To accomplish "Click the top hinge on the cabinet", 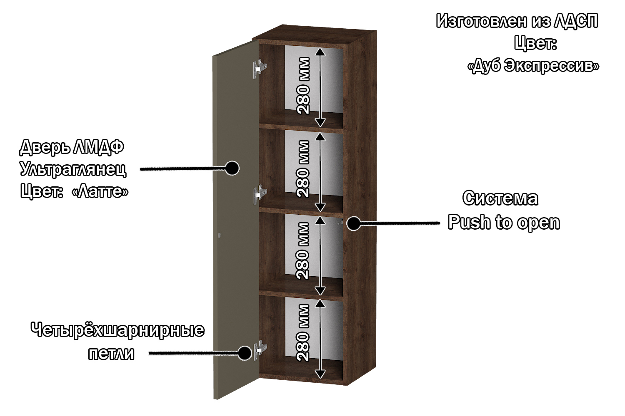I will pos(260,67).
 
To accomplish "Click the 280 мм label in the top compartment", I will pos(304,86).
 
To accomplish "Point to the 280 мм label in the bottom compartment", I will pos(304,332).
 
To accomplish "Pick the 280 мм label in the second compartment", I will pos(304,168).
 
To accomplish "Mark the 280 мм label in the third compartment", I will pos(304,250).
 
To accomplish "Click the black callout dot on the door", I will pos(232,168).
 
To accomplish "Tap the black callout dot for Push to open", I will pos(354,223).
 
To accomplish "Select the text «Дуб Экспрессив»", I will pos(533,66).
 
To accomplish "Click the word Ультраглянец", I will pos(73,169).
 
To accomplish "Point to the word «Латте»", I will pos(100,191).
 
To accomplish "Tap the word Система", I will pos(500,198).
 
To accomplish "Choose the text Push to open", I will pos(504,223).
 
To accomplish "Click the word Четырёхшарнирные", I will pos(117,330).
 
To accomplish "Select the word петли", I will pos(111,354).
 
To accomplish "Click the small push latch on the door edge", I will pos(220,235).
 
